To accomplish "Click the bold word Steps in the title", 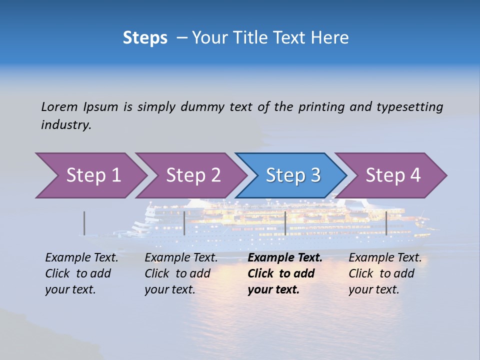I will [x=145, y=38].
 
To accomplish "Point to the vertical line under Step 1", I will [x=84, y=223].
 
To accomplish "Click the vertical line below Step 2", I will [x=184, y=223].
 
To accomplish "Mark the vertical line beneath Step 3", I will [x=285, y=223].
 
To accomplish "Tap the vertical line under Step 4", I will [x=386, y=223].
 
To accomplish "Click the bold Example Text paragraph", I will [x=285, y=273].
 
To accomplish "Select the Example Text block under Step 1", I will [x=81, y=273].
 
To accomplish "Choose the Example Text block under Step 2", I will [x=181, y=273].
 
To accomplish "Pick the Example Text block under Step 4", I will [x=385, y=273].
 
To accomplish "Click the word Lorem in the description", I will [x=59, y=106].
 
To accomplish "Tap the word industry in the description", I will [x=65, y=125].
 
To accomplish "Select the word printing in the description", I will [x=321, y=106].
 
